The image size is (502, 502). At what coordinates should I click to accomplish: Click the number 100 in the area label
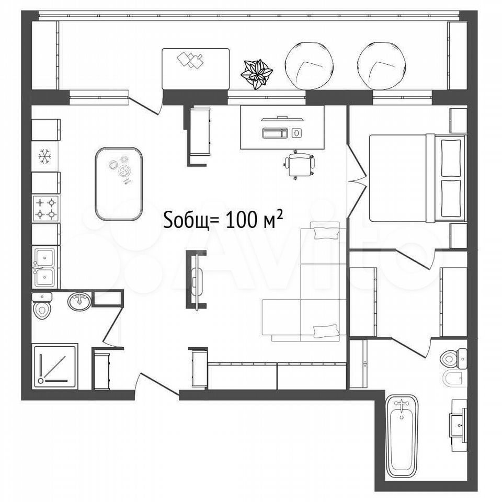[242, 220]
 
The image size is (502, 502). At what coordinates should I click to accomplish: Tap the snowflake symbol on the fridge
[45, 156]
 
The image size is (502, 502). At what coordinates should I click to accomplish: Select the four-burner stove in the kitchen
[46, 209]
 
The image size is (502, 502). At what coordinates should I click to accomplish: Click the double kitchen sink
[45, 267]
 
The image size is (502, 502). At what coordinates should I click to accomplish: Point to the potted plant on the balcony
[257, 74]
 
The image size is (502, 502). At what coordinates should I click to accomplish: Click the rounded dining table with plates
[119, 184]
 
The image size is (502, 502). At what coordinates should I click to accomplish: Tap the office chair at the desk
[299, 165]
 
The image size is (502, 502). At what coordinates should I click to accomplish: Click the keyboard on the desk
[275, 133]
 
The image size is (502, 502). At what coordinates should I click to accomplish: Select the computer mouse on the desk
[297, 133]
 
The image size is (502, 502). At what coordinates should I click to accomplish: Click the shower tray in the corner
[55, 367]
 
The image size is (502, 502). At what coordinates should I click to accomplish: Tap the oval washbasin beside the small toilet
[79, 301]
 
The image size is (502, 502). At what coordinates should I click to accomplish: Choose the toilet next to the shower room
[42, 306]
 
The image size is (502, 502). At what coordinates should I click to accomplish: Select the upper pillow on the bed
[451, 157]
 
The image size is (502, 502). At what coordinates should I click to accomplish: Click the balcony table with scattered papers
[196, 69]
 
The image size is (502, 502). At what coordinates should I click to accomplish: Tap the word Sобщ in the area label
[186, 221]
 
